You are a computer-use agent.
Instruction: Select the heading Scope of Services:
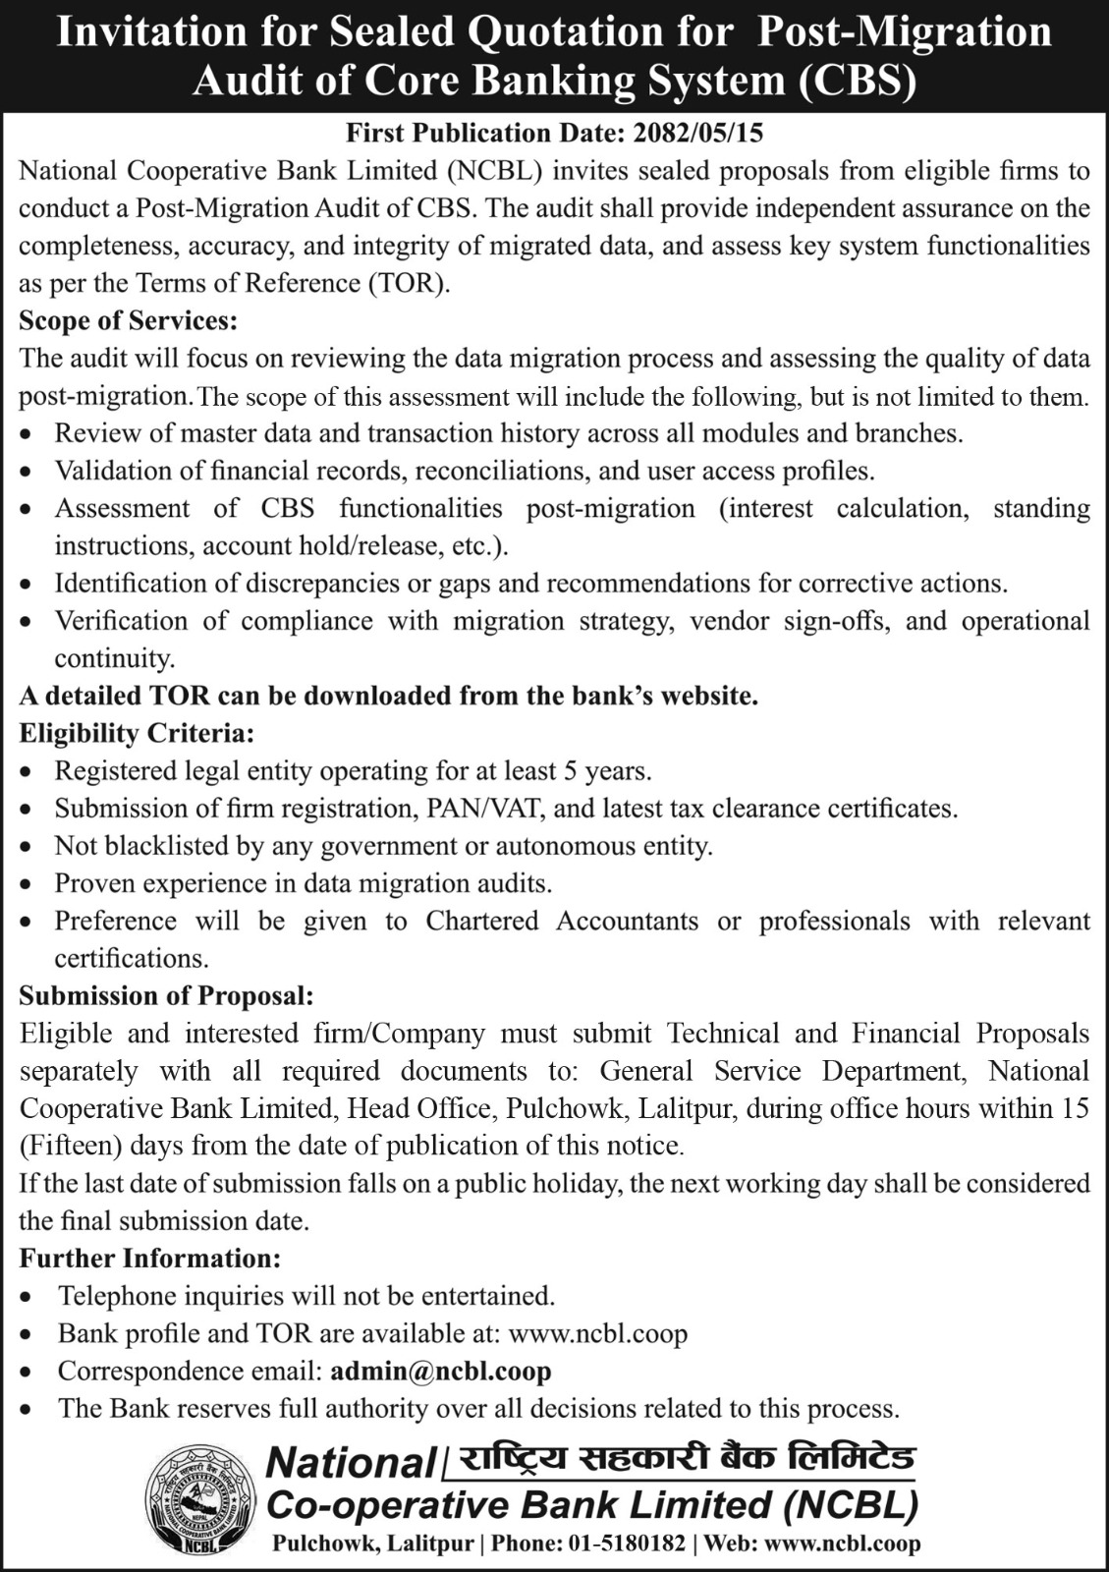click(129, 321)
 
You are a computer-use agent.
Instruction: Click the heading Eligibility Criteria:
click(137, 733)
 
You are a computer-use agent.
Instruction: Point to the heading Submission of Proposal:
click(166, 995)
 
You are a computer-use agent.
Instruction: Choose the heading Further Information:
click(150, 1258)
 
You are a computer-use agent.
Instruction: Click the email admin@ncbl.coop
click(441, 1371)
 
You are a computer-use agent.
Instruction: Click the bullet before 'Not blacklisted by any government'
click(32, 847)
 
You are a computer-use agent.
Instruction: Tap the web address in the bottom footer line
click(842, 1544)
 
